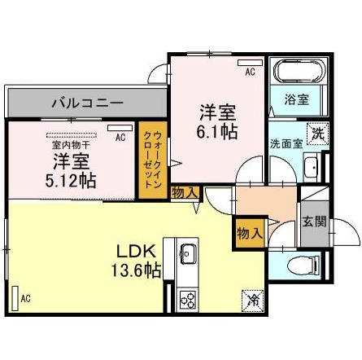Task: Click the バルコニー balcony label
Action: [x=88, y=103]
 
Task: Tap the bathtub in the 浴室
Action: [x=299, y=71]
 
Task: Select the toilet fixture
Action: [x=303, y=265]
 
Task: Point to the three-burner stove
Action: [x=188, y=300]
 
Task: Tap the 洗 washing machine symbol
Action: [x=318, y=134]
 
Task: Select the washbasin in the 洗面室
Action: [x=312, y=167]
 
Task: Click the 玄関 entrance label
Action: [x=314, y=222]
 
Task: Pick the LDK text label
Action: [x=136, y=252]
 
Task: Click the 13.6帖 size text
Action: [x=137, y=270]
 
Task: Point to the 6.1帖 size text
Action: [x=217, y=132]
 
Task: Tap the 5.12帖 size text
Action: [x=71, y=181]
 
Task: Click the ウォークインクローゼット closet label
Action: [x=153, y=160]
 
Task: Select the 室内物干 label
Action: [x=71, y=145]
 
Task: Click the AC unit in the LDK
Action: [x=15, y=298]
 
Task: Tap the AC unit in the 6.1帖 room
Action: [x=251, y=63]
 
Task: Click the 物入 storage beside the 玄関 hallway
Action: [x=250, y=234]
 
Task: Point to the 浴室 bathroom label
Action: [x=297, y=99]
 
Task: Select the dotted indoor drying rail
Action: [x=72, y=135]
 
